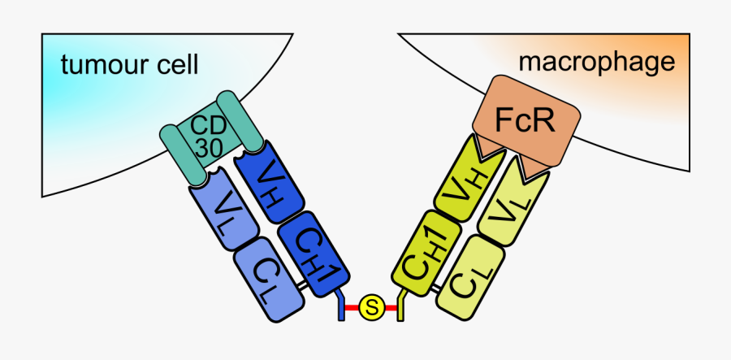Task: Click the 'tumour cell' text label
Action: [128, 65]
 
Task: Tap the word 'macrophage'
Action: [597, 61]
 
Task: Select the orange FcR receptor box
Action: [526, 122]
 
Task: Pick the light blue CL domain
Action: [270, 280]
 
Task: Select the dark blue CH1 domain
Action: [313, 248]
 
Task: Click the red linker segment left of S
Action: [353, 308]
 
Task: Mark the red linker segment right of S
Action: [390, 308]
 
